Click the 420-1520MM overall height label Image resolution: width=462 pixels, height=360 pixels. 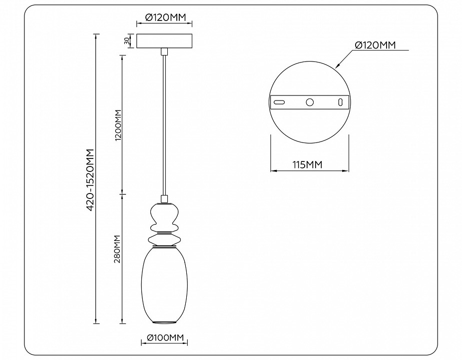tap(90, 179)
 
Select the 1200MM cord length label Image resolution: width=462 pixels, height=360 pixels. tap(118, 125)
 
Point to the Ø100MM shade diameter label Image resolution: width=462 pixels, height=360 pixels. tap(164, 339)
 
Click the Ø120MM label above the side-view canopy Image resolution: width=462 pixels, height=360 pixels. tap(165, 17)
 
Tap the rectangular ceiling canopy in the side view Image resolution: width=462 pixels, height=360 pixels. tap(164, 41)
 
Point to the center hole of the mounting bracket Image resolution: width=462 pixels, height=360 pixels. tap(310, 102)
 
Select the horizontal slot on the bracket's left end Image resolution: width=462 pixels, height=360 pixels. tap(279, 102)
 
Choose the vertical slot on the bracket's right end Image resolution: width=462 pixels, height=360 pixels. tap(341, 102)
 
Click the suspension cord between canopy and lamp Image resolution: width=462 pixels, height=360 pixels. tap(164, 125)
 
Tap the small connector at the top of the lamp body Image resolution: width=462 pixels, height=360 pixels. tap(164, 198)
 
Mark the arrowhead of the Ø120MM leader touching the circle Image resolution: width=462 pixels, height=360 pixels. tap(338, 66)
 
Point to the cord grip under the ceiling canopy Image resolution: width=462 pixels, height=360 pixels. tap(164, 51)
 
